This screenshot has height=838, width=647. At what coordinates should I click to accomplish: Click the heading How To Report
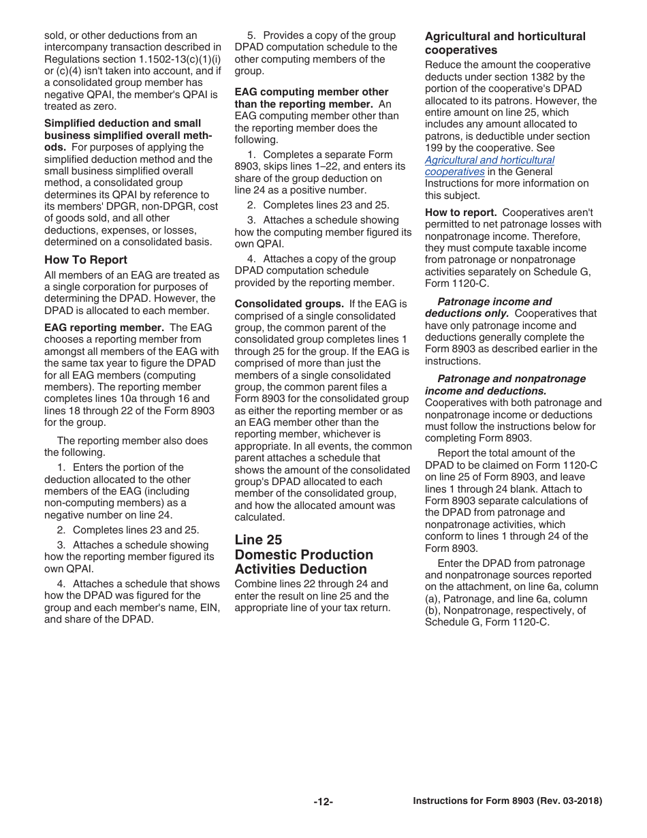(86, 260)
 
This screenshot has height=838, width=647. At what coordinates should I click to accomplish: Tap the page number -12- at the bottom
(323, 802)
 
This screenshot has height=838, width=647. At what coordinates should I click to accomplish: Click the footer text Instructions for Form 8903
(507, 801)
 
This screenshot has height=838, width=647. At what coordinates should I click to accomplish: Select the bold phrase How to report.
(460, 213)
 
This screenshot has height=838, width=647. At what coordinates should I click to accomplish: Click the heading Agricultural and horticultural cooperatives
(505, 43)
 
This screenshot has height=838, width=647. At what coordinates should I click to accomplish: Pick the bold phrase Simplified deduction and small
(123, 123)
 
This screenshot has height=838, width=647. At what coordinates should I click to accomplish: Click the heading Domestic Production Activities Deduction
(304, 561)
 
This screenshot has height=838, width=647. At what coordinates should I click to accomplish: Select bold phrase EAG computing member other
(311, 92)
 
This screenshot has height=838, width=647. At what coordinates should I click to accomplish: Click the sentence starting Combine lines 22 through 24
(311, 584)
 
